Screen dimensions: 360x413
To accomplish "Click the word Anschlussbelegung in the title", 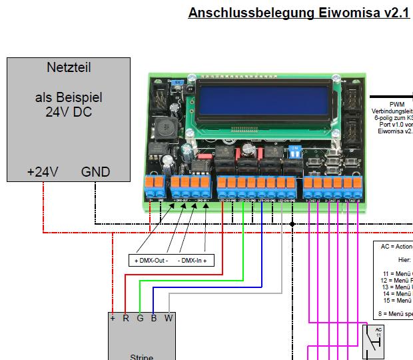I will click(x=244, y=13).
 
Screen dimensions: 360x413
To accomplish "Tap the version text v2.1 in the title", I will click(x=394, y=13).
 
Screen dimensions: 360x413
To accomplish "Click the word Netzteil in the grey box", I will click(x=69, y=67).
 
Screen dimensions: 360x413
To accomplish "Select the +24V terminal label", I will click(x=43, y=172).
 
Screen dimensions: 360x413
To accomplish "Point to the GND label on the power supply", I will click(x=95, y=172).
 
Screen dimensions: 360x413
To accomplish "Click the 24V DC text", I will click(x=68, y=111).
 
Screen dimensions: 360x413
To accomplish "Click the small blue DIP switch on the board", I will click(x=292, y=151).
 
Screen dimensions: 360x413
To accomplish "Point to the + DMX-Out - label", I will click(x=151, y=260).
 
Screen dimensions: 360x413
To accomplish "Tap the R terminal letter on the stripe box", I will click(x=126, y=318).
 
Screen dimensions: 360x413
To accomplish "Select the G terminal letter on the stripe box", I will click(x=140, y=318).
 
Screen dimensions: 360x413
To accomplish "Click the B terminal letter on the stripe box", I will click(x=153, y=318).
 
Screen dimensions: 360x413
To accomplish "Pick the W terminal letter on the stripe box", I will click(x=169, y=318).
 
